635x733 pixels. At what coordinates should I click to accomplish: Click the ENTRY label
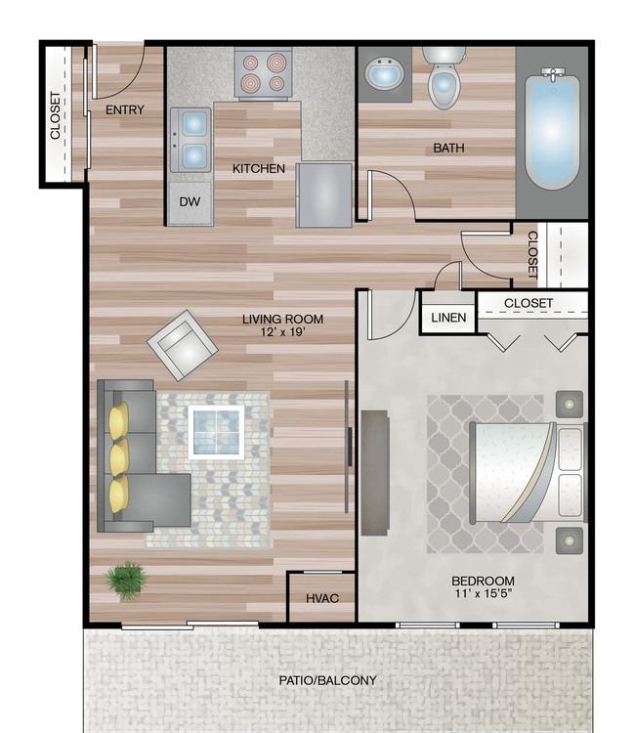[125, 109]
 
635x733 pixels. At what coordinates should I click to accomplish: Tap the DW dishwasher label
[190, 201]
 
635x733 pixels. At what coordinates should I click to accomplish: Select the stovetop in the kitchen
[263, 73]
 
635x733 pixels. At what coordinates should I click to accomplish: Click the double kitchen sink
[190, 140]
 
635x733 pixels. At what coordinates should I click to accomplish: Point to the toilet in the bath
[444, 77]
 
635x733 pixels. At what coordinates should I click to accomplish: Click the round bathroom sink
[384, 75]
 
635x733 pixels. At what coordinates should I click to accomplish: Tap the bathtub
[552, 128]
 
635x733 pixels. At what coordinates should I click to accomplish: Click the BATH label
[448, 149]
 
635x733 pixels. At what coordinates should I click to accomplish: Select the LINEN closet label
[448, 318]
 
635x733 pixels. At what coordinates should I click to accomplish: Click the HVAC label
[322, 598]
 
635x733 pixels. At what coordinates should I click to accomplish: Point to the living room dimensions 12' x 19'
[282, 332]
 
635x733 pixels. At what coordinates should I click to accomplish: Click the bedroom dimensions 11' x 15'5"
[484, 593]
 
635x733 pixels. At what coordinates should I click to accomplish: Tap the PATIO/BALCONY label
[327, 680]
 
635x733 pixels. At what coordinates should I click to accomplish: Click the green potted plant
[126, 582]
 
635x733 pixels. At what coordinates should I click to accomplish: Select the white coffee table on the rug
[216, 432]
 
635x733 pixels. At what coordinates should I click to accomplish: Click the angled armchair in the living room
[183, 345]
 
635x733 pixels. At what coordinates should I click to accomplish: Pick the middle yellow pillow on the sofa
[119, 457]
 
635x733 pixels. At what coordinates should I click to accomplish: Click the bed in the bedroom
[528, 472]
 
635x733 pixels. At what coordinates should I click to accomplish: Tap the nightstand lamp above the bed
[570, 404]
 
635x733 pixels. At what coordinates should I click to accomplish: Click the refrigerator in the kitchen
[323, 194]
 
